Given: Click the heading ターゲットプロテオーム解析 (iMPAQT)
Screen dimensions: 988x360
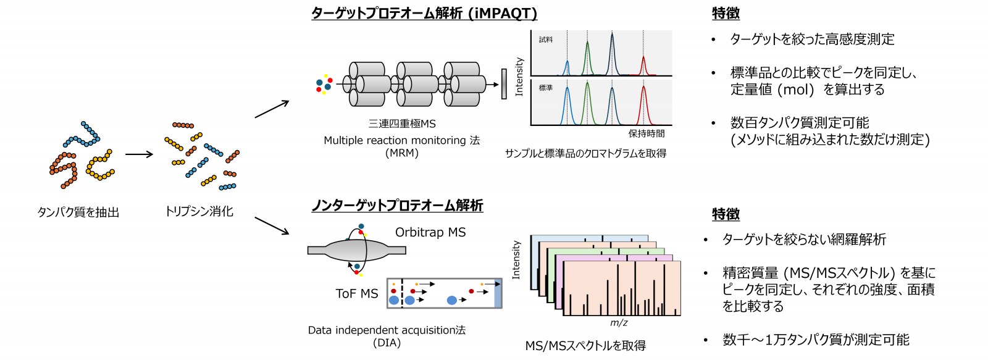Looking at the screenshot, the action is pos(424,13).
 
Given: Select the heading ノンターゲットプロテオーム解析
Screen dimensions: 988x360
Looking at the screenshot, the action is pos(397,205).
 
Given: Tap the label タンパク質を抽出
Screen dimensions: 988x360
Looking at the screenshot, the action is pos(78,212).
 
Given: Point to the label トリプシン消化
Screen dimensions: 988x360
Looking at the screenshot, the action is pos(199,211).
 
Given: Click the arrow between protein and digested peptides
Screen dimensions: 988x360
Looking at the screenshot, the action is pos(139,154).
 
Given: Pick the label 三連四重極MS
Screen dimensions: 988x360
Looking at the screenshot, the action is pos(402,123).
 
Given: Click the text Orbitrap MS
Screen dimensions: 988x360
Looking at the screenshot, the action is pos(430,232).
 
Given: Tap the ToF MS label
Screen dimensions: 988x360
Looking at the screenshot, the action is pos(357,293).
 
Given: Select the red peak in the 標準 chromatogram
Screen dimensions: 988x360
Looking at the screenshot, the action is pos(643,106).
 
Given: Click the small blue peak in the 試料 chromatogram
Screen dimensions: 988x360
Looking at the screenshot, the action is pos(567,69).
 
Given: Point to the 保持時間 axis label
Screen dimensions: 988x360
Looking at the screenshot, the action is pos(646,133).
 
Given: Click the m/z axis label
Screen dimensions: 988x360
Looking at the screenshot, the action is pos(619,322).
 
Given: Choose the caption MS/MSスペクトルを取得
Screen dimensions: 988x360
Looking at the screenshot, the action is pos(585,345).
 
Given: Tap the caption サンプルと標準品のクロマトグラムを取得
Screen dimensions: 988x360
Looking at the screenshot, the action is pos(585,154).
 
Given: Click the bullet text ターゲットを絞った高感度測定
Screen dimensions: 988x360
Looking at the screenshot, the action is pos(812,40).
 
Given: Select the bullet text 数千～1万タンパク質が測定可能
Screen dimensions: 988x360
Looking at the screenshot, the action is pos(816,339).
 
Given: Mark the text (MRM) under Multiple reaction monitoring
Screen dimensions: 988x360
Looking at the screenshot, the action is pos(402,153).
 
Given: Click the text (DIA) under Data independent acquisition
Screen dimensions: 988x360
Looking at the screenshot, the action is pos(387,343).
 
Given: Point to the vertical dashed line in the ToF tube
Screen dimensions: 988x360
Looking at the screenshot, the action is pos(402,293).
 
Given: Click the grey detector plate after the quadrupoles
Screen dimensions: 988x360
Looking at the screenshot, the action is pos(504,84).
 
